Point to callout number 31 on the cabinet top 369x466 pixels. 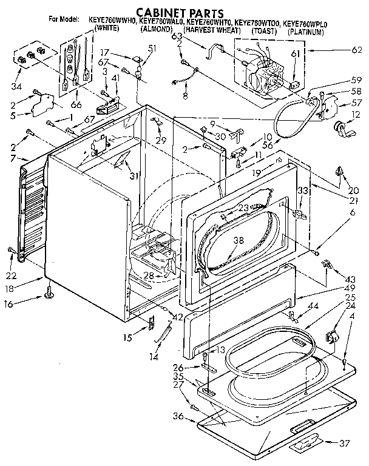133,176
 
